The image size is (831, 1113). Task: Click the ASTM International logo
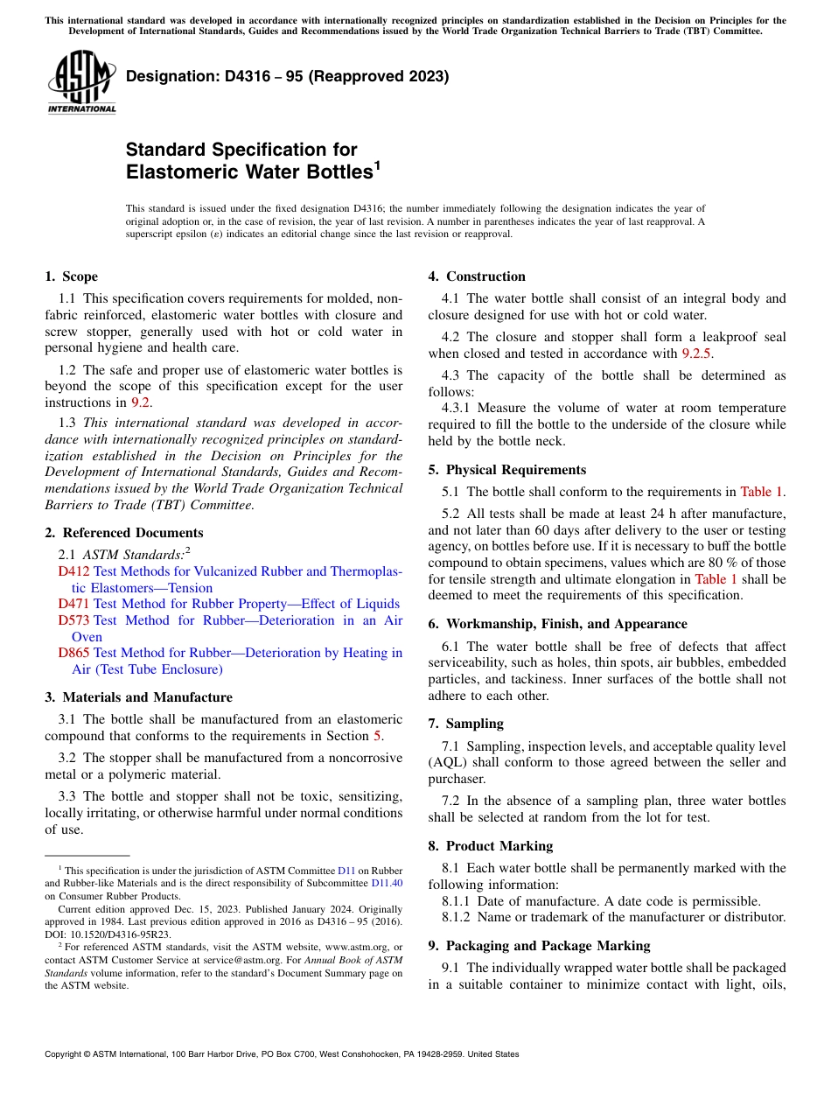point(81,84)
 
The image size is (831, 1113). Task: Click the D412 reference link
point(73,571)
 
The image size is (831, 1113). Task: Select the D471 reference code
point(73,604)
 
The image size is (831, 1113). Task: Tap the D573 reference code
point(73,620)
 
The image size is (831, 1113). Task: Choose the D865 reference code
point(73,653)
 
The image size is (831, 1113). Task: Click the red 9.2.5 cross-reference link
point(697,353)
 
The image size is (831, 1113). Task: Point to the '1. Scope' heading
point(71,276)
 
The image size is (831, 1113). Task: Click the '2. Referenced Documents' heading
point(123,533)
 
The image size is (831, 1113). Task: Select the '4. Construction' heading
point(477,276)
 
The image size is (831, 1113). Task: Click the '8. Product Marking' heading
point(490,846)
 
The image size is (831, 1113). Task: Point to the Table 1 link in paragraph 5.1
point(762,492)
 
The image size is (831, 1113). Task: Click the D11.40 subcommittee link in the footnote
point(388,884)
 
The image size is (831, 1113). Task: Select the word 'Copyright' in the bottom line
point(64,1054)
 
